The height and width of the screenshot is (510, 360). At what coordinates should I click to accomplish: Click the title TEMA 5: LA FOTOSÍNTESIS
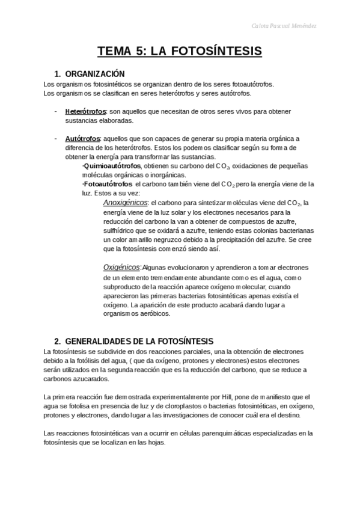(180, 51)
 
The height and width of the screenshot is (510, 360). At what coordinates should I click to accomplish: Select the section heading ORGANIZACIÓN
(94, 73)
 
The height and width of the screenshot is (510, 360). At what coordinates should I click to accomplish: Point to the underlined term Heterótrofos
(85, 111)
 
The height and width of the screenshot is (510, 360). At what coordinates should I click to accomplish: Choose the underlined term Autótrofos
(82, 138)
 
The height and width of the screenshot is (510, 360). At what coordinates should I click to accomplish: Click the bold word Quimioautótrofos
(112, 165)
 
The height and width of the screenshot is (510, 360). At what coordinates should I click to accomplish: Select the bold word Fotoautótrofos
(108, 183)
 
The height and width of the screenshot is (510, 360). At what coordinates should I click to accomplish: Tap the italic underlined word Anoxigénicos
(126, 203)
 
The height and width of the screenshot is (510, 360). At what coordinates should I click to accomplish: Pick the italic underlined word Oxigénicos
(121, 267)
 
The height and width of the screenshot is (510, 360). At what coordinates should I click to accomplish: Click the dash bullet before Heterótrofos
(55, 111)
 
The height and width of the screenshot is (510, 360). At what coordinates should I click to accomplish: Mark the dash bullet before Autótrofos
(55, 138)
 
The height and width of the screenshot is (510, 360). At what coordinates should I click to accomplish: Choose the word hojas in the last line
(154, 442)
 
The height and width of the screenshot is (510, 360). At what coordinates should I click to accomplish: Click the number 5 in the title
(139, 51)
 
